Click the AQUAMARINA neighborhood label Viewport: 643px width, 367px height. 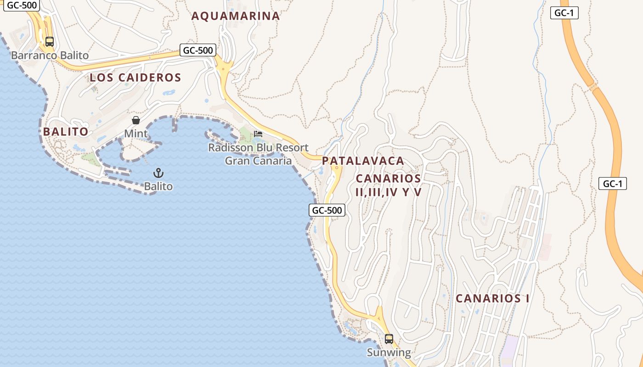(235, 16)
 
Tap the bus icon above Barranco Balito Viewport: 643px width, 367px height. (50, 42)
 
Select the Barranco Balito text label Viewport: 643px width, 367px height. (50, 56)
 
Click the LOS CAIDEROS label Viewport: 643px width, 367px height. (135, 78)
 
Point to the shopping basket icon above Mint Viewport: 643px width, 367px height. (136, 120)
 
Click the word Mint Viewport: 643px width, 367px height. (136, 133)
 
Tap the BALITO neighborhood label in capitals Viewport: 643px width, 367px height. (66, 132)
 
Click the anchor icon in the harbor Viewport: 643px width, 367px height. (158, 173)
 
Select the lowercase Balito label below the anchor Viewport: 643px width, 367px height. (158, 186)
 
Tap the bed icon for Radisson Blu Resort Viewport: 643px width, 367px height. (258, 134)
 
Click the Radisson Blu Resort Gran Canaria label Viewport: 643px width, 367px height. (258, 154)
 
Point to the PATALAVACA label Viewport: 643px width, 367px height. (363, 161)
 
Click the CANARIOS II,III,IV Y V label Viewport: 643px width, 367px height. (389, 185)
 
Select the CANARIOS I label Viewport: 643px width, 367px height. (492, 299)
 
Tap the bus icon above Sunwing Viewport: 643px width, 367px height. (389, 339)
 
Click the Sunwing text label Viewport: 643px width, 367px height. (389, 352)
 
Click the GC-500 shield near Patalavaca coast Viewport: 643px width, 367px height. (327, 210)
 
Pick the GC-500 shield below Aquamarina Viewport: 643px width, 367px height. (198, 50)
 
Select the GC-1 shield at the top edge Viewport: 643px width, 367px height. (564, 13)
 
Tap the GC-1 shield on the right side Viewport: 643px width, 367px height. (613, 183)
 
